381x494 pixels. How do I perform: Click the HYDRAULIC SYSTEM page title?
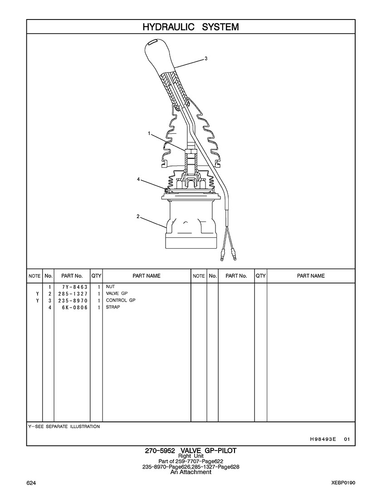tap(190, 27)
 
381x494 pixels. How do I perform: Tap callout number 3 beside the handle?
tap(206, 58)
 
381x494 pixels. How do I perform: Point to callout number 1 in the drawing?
tap(149, 133)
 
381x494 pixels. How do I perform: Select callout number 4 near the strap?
tap(138, 179)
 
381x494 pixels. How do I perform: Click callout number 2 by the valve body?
tap(138, 216)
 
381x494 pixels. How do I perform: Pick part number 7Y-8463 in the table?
tap(75, 287)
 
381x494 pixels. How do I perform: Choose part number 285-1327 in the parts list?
tap(73, 293)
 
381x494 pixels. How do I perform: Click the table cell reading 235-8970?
tap(73, 301)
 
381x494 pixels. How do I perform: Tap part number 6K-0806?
tap(75, 308)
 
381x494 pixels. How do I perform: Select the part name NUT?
tap(110, 287)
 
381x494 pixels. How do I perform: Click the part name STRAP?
tap(113, 307)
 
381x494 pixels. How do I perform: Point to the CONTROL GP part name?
tap(120, 300)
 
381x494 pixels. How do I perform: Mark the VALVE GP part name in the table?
tap(117, 293)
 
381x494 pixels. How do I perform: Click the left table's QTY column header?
tap(96, 276)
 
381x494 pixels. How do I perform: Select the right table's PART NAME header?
tap(311, 276)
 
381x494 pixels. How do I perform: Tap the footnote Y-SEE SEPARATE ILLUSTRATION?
tap(64, 426)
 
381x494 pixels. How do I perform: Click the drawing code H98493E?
tap(323, 439)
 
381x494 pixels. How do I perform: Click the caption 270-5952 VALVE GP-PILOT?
tap(190, 451)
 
